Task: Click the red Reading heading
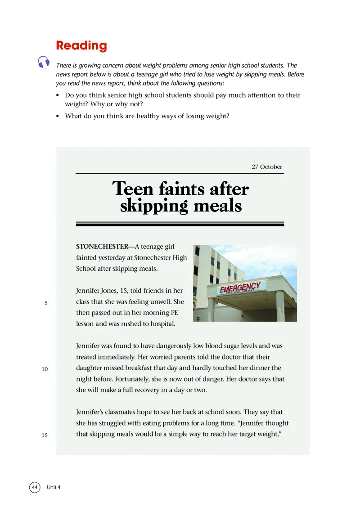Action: [x=81, y=45]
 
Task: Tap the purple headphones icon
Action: [x=44, y=62]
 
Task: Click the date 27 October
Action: [x=267, y=167]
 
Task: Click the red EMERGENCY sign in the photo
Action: [x=240, y=287]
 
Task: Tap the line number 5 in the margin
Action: [x=46, y=303]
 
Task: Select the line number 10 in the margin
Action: [x=45, y=369]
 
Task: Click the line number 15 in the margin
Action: [x=45, y=435]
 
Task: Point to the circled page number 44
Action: [x=35, y=487]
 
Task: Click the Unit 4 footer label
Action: [x=54, y=487]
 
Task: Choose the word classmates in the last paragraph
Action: [x=124, y=412]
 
